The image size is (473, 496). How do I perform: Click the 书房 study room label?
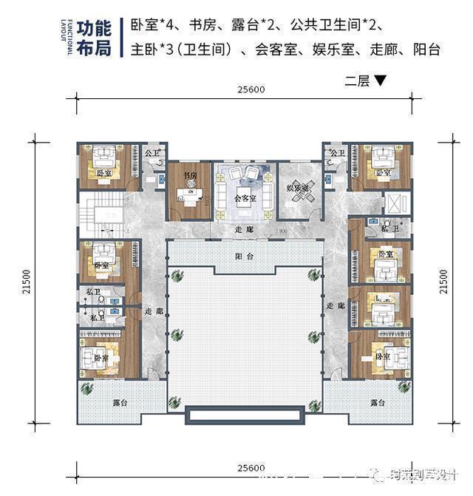pyautogui.click(x=190, y=176)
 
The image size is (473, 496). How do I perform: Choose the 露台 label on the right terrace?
pyautogui.click(x=377, y=404)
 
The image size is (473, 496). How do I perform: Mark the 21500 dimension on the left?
pyautogui.click(x=25, y=282)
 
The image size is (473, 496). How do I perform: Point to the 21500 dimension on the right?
pyautogui.click(x=443, y=282)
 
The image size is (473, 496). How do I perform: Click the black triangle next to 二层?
pyautogui.click(x=380, y=81)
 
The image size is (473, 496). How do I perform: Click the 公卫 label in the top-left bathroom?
pyautogui.click(x=152, y=153)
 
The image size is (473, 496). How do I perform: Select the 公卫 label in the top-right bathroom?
pyautogui.click(x=337, y=153)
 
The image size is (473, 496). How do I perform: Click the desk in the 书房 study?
pyautogui.click(x=188, y=195)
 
